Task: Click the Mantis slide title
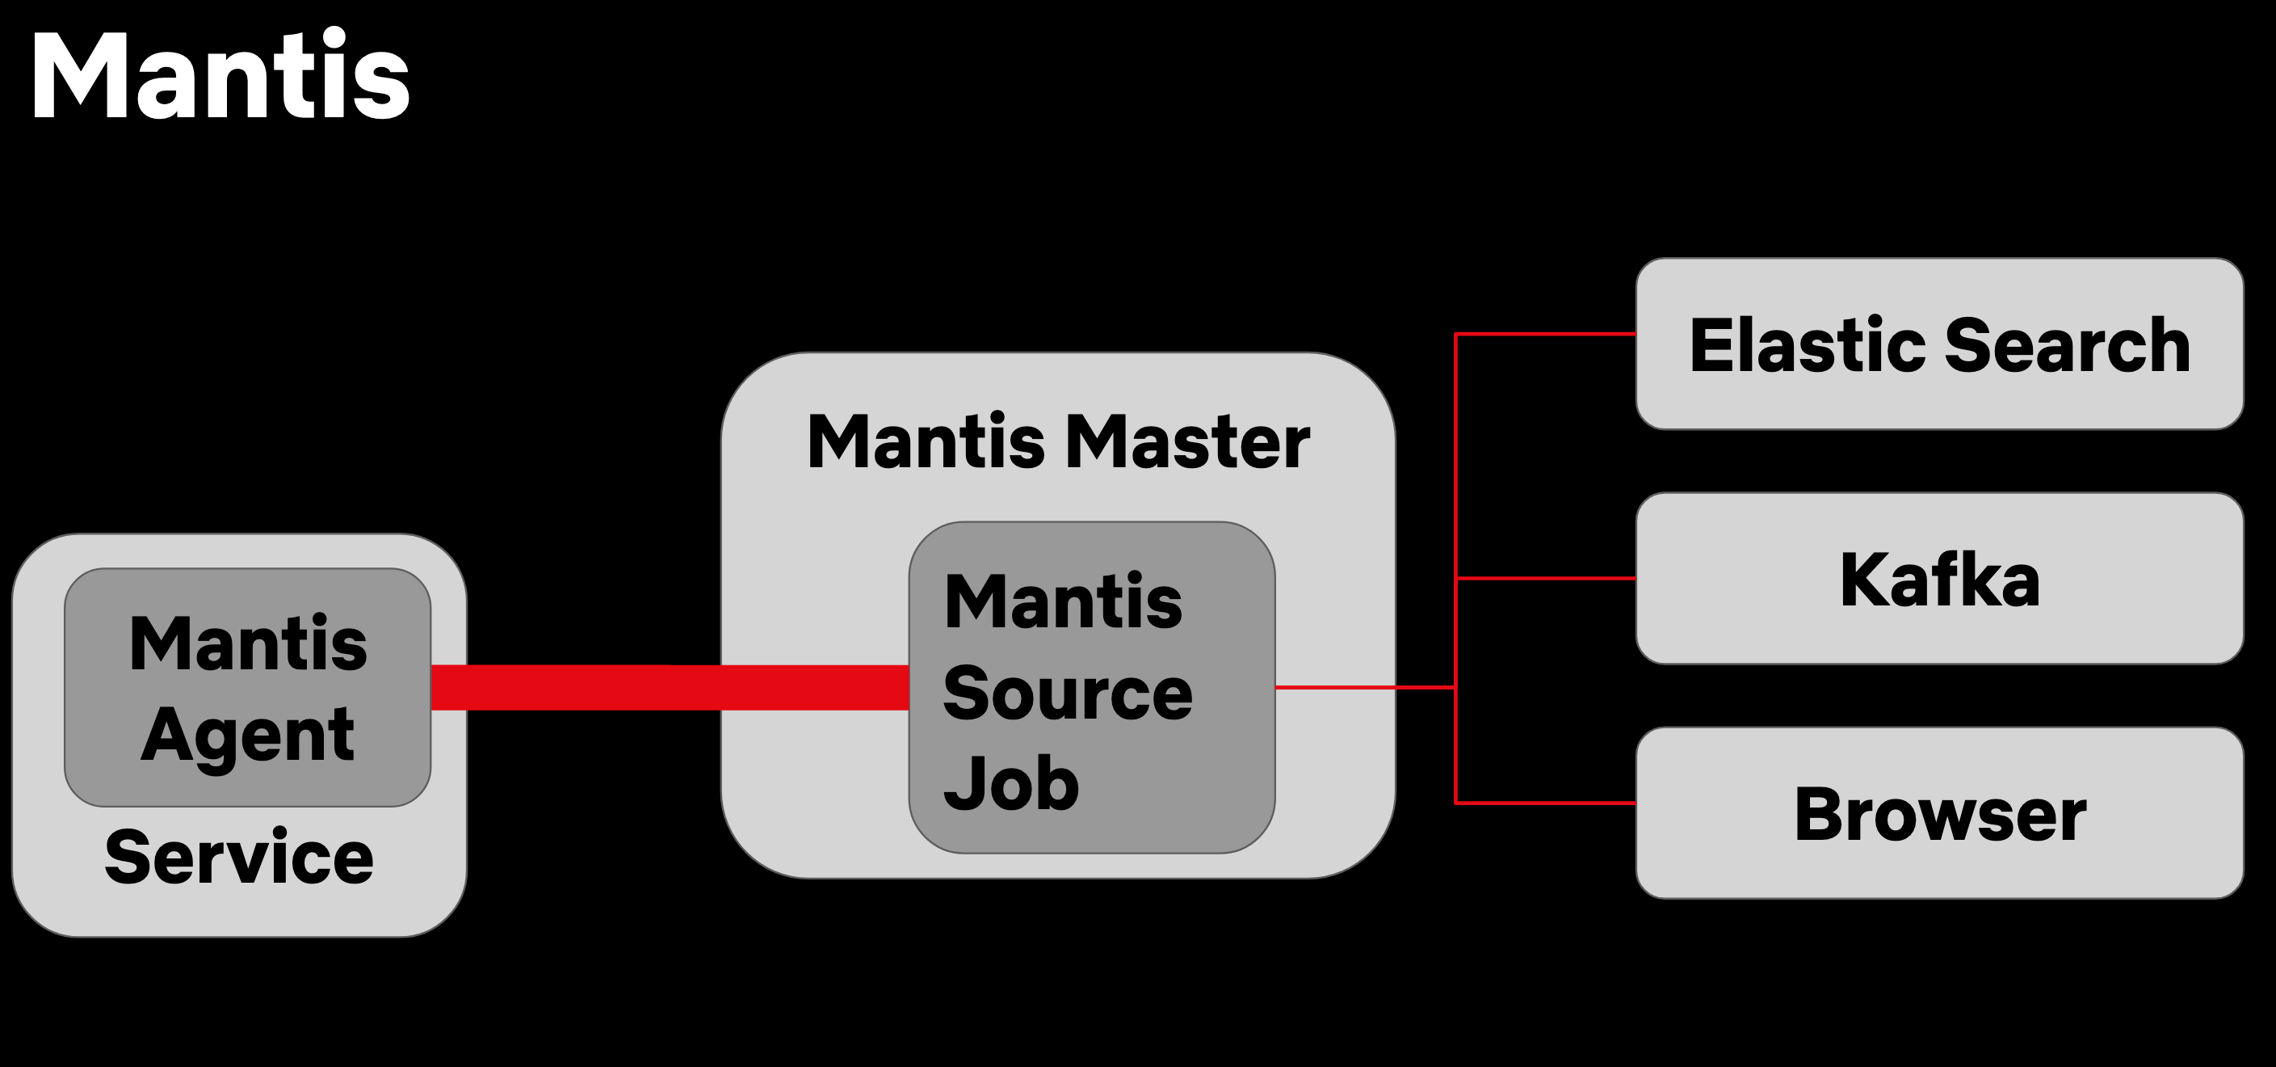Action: pyautogui.click(x=219, y=75)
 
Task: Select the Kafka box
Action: pyautogui.click(x=1939, y=579)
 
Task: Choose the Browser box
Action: pyautogui.click(x=1939, y=813)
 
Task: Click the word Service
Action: pyautogui.click(x=238, y=858)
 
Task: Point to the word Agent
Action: pyautogui.click(x=247, y=736)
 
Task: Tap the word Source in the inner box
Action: pyautogui.click(x=1067, y=694)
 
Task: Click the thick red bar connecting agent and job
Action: pyautogui.click(x=670, y=688)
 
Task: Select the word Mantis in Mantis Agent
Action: pyautogui.click(x=247, y=643)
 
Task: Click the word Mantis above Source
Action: pyautogui.click(x=1063, y=602)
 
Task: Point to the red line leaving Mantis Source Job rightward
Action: pyautogui.click(x=1365, y=687)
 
